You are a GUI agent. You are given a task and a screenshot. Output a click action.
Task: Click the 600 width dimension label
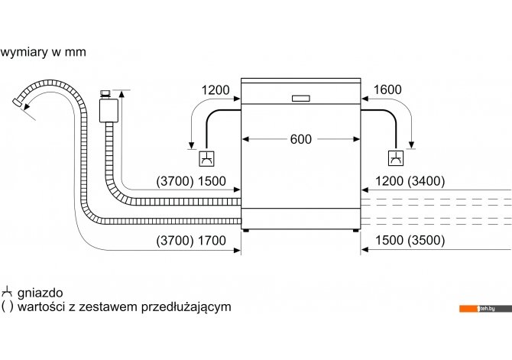[x=301, y=140]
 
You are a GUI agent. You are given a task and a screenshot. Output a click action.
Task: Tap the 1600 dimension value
[x=387, y=90]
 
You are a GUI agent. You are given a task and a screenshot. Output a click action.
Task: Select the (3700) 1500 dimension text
[x=191, y=181]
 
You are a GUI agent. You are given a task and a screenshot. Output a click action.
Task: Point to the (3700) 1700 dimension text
[x=191, y=241]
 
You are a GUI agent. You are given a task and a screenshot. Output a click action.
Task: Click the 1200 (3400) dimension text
[x=410, y=181]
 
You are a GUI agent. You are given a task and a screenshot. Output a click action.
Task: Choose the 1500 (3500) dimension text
[x=410, y=241]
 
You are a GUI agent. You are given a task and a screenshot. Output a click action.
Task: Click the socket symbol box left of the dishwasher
[x=206, y=158]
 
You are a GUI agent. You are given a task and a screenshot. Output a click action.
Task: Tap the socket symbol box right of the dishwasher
[x=396, y=158]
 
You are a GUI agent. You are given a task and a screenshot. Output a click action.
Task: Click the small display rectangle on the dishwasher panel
[x=301, y=99]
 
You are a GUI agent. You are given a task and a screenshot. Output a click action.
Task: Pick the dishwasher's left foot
[x=246, y=230]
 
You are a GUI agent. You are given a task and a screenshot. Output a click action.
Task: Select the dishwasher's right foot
[x=355, y=230]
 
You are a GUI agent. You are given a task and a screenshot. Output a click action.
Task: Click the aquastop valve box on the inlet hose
[x=109, y=110]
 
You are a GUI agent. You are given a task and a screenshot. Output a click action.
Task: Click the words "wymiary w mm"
[x=43, y=52]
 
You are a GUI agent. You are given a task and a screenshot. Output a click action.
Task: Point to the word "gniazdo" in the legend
[x=41, y=293]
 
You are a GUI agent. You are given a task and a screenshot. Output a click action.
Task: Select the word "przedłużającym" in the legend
[x=186, y=307]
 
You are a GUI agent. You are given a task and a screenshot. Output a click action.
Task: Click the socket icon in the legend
[x=7, y=292]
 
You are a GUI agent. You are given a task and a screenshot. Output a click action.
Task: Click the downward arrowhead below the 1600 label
[x=411, y=145]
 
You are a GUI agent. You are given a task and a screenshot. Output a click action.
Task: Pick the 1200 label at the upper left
[x=215, y=90]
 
